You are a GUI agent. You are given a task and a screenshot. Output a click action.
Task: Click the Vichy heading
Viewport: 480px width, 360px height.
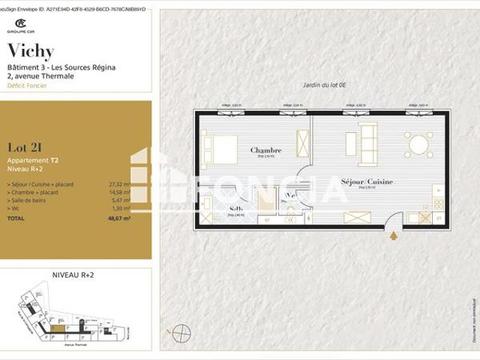30,52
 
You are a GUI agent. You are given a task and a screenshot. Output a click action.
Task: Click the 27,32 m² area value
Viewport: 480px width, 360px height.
119,185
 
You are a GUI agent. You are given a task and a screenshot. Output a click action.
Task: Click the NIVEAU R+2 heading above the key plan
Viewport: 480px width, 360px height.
73,274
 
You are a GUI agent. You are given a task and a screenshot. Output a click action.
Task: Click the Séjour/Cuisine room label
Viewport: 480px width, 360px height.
366,182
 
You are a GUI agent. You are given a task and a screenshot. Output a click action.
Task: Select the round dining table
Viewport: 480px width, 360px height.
418,144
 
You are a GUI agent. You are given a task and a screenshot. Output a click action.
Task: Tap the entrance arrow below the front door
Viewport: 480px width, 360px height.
393,235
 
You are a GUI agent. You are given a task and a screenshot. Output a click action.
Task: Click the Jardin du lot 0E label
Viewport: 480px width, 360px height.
323,85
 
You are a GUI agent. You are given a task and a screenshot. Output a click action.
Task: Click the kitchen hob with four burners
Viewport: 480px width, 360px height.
438,204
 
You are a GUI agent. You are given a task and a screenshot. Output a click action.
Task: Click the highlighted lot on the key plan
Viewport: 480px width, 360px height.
58,327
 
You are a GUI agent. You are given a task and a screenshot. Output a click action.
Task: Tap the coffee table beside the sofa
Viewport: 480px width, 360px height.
350,144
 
